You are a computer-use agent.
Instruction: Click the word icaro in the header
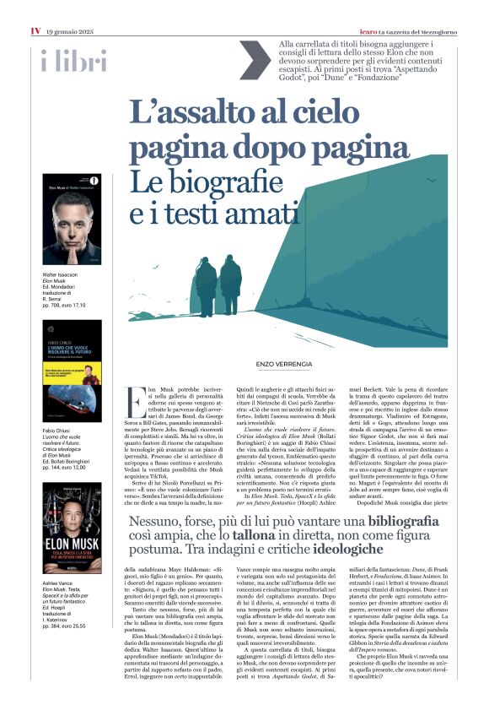(x=337, y=8)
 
